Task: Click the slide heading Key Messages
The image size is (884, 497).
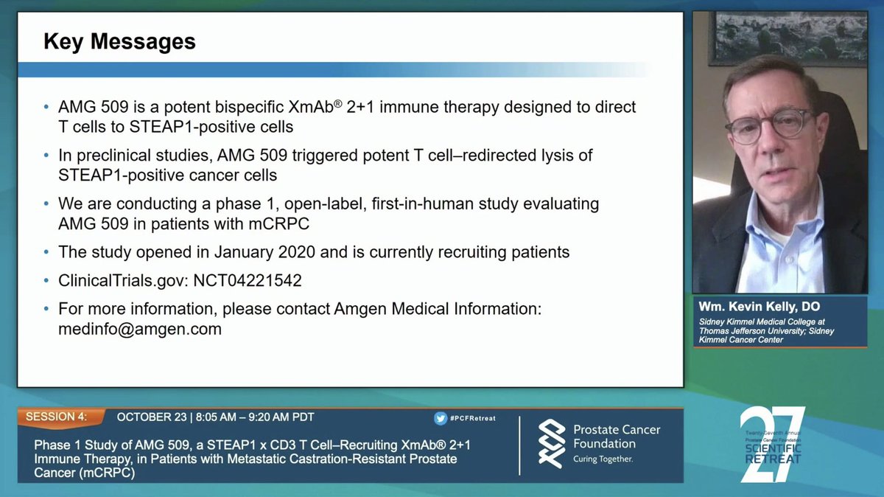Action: click(x=119, y=41)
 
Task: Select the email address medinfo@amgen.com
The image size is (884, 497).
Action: click(x=140, y=330)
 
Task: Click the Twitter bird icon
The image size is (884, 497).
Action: click(x=441, y=418)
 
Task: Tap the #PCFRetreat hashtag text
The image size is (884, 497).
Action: click(x=474, y=418)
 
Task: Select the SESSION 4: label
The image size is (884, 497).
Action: click(x=56, y=417)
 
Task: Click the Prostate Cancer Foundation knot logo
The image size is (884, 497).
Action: click(x=552, y=443)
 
